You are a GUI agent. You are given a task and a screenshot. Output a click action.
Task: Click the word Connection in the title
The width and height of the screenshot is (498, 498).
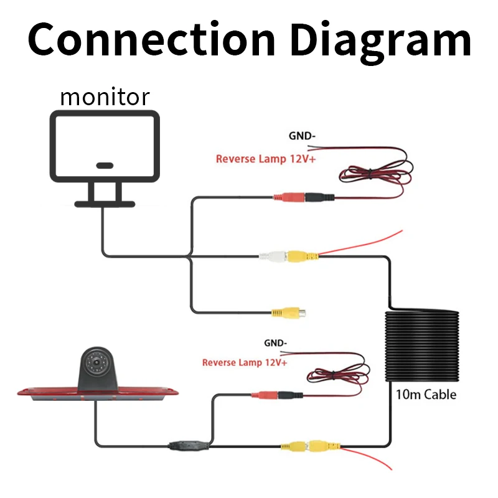click(151, 39)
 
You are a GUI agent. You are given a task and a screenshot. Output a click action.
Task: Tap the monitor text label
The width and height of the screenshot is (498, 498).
click(105, 97)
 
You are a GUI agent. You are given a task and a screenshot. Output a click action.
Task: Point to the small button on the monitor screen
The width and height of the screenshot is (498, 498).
click(105, 166)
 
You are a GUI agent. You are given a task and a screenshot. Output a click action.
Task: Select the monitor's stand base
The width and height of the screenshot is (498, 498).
click(105, 204)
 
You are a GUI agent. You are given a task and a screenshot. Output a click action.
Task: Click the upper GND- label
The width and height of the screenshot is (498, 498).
click(302, 136)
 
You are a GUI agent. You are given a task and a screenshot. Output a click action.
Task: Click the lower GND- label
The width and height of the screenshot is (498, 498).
click(275, 343)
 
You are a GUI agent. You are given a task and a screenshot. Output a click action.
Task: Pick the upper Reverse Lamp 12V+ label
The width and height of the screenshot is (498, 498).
click(266, 159)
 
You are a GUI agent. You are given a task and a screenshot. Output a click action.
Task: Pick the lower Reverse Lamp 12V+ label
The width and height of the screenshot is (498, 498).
click(245, 362)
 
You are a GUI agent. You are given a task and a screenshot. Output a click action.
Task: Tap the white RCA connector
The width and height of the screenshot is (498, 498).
click(273, 256)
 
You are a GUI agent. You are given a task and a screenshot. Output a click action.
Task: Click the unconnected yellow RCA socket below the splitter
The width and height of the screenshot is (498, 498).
click(288, 313)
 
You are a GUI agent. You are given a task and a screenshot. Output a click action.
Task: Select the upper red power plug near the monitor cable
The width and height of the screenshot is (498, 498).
click(289, 197)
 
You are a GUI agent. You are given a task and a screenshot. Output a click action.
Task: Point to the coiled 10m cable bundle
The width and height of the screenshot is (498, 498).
click(422, 345)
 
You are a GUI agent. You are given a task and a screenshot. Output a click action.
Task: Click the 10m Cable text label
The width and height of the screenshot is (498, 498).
click(426, 395)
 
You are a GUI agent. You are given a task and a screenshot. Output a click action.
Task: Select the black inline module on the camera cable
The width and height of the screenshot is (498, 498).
click(189, 445)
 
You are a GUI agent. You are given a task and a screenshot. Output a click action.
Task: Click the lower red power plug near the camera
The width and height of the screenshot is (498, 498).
click(265, 395)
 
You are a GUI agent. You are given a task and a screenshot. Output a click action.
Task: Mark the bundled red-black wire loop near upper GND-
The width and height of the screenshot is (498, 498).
click(377, 173)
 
